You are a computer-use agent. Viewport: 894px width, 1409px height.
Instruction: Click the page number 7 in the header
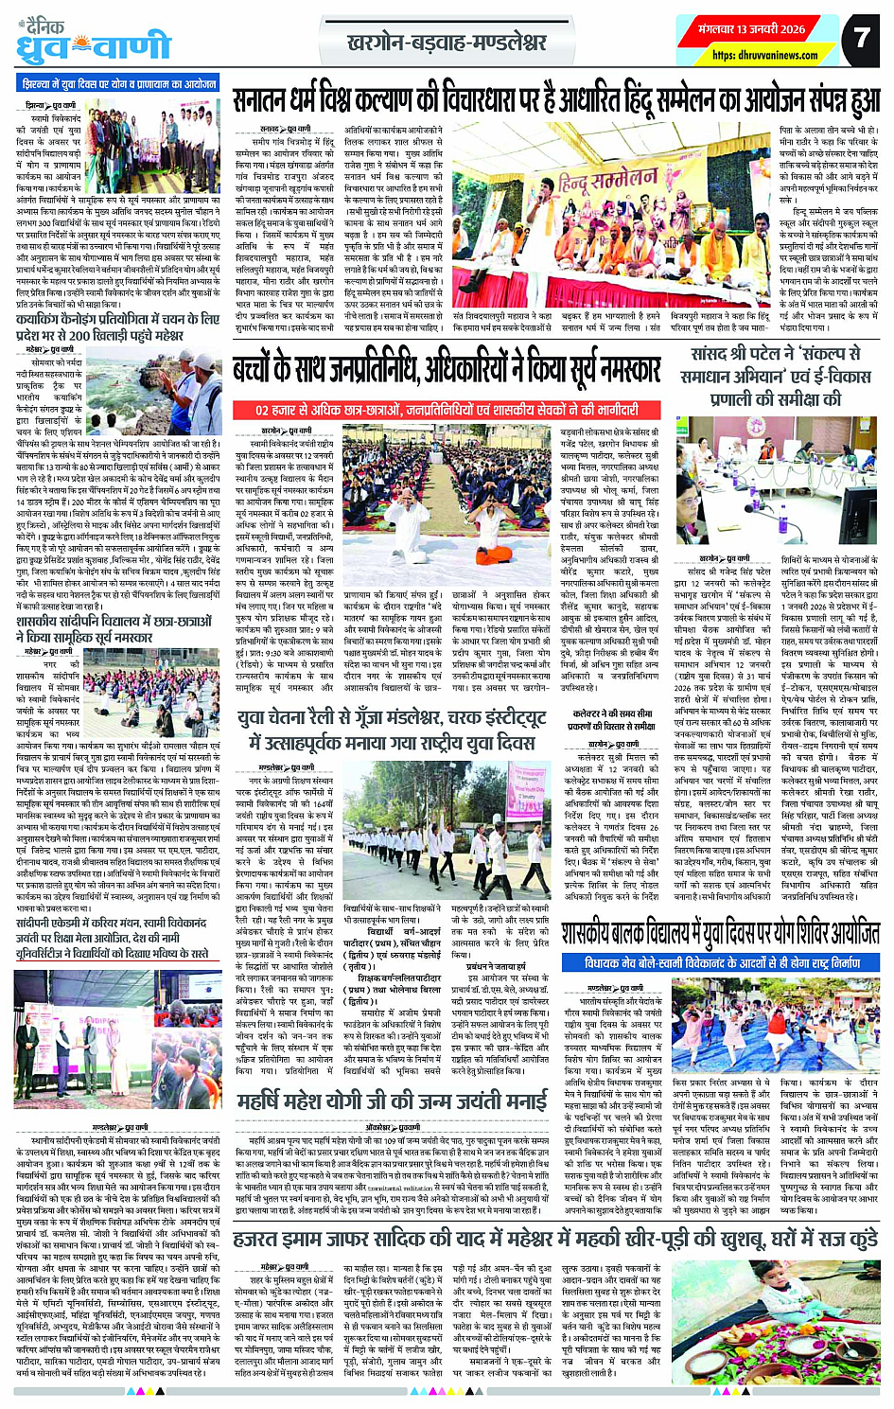point(861,37)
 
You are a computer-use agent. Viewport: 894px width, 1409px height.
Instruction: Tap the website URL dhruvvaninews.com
point(765,56)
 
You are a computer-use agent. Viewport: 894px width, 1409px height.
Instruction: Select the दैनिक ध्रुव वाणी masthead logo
point(93,41)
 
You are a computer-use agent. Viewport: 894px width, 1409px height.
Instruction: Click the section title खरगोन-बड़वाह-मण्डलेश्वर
point(447,43)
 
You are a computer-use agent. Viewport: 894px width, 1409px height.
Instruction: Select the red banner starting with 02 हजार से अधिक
point(446,410)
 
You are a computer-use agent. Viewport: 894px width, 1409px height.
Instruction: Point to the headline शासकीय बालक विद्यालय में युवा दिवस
point(719,934)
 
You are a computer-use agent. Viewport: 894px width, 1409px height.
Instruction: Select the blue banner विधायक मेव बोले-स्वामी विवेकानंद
point(723,962)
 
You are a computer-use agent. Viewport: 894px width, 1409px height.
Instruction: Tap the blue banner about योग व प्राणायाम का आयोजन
point(120,84)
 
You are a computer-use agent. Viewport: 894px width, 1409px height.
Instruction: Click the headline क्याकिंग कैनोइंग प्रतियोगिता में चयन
point(118,327)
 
